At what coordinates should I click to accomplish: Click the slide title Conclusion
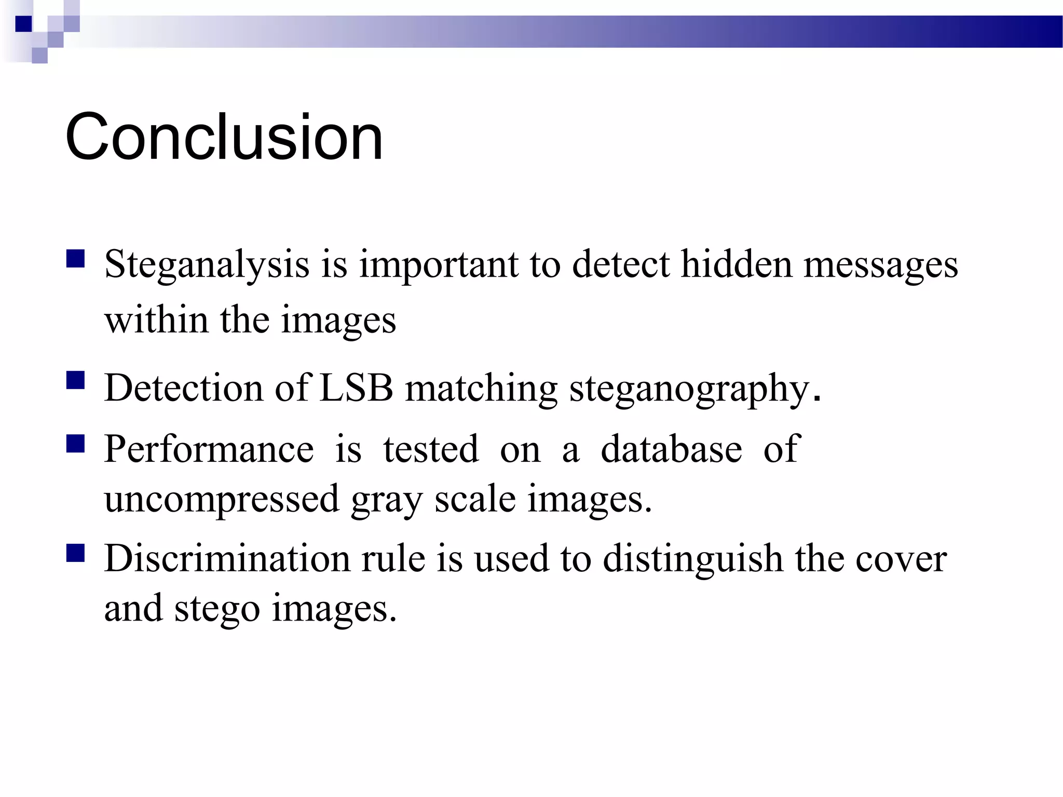(224, 137)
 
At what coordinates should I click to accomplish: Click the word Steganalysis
(207, 265)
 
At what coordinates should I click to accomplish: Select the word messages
(880, 265)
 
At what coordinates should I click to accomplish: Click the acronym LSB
(356, 388)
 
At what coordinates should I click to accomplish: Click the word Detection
(183, 388)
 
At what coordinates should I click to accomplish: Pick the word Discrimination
(227, 558)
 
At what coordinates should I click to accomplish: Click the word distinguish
(693, 559)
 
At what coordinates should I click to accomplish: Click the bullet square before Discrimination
(76, 553)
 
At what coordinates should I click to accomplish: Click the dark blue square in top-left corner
(24, 24)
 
